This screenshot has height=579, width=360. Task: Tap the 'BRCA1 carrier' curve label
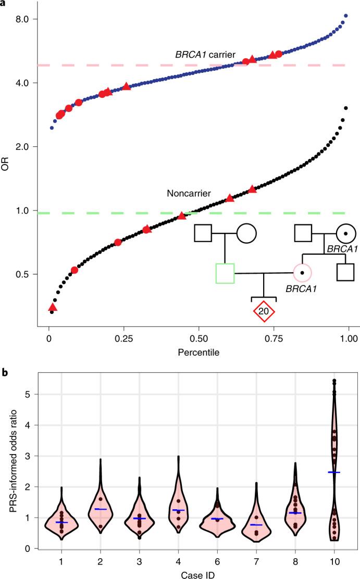point(205,55)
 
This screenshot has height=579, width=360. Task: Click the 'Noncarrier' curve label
point(188,193)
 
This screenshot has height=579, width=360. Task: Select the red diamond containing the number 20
point(264,311)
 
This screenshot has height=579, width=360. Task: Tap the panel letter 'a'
point(4,4)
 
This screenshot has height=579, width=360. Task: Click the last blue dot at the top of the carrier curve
point(345,16)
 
